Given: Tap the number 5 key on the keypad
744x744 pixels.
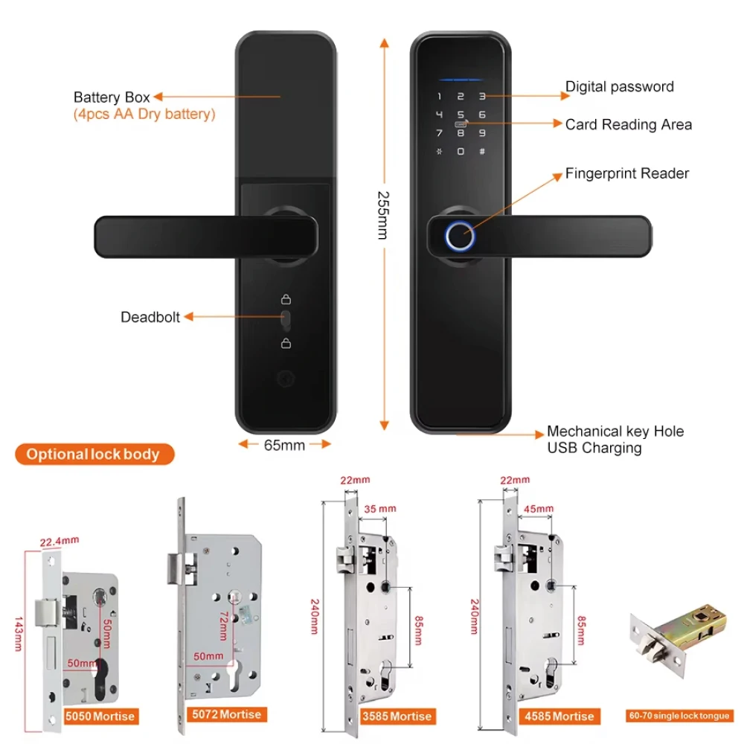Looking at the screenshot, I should coord(461,115).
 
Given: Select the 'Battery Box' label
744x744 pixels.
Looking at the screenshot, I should coord(112,97).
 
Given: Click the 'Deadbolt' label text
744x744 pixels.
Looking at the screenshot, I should coord(150,317).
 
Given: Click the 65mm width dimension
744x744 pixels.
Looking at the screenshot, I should coord(284,445).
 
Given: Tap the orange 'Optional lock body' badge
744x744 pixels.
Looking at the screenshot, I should coord(94,454).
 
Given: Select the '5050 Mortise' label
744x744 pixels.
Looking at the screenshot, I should coord(100,716).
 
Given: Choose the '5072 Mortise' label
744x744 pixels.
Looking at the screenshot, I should coord(225,714).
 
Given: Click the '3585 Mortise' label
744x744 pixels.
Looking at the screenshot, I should coord(396,716).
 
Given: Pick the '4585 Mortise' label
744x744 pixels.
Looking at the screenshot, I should coord(559,716).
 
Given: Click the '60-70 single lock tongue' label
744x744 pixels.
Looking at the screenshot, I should coord(679,716).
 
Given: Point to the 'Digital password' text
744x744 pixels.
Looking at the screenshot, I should coord(619,86).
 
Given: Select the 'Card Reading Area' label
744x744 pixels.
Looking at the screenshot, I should coord(628,124).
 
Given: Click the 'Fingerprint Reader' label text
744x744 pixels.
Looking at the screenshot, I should coord(626,173).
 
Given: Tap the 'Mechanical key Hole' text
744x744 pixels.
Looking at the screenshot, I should coord(615,432).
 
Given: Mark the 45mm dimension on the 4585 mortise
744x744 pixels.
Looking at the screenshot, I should coord(539,509).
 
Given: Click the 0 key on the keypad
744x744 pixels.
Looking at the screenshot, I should coord(461,152).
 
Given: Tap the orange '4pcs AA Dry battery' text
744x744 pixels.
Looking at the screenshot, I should coord(144,114).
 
